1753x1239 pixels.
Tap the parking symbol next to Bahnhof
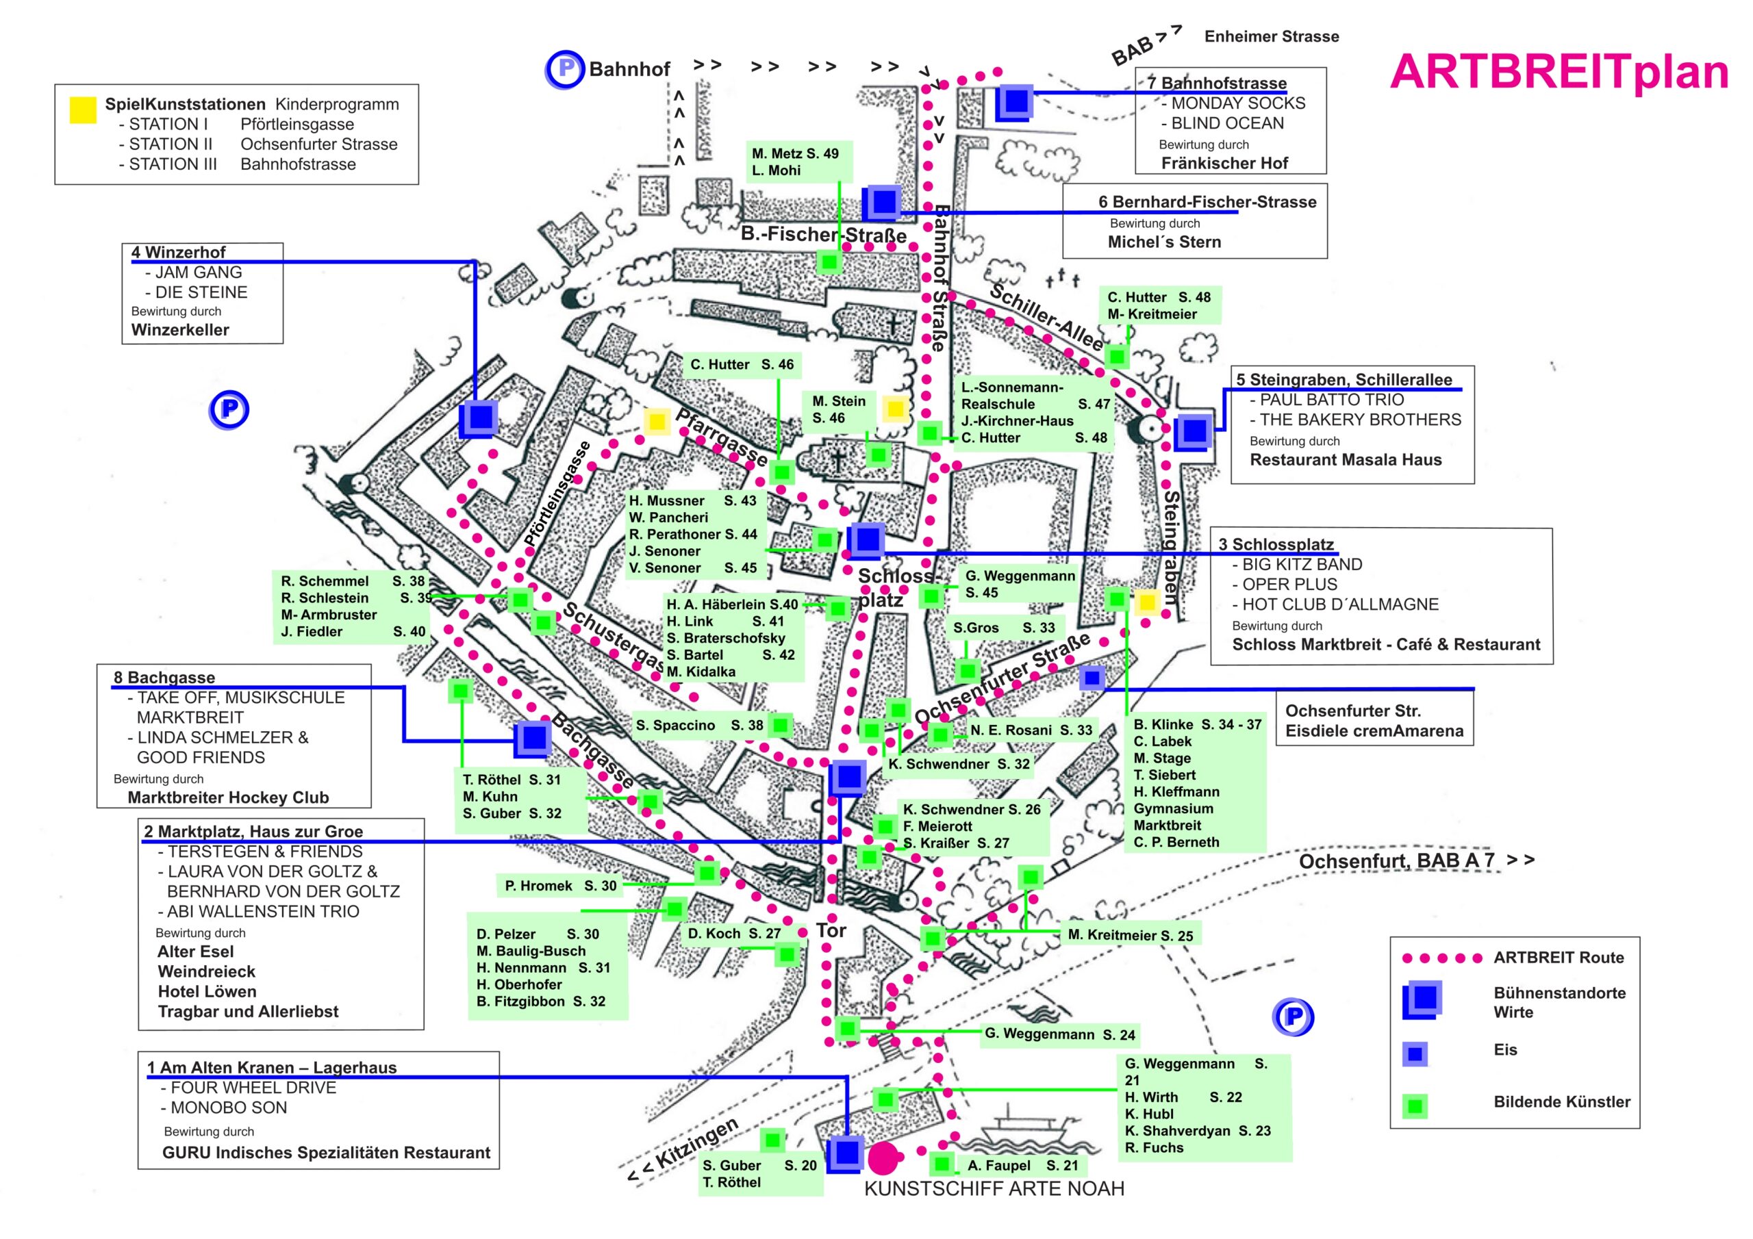[x=565, y=69]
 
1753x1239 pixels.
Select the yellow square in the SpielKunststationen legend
[x=82, y=110]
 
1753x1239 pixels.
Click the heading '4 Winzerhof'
[x=179, y=253]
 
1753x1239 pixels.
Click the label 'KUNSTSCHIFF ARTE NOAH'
[x=994, y=1188]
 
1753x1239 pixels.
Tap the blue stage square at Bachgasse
[x=533, y=737]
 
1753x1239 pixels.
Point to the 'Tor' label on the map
[x=831, y=930]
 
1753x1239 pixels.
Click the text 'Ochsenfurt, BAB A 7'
[x=1396, y=861]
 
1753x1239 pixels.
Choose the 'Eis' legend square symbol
[x=1415, y=1054]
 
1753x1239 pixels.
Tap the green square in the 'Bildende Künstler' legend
[x=1415, y=1106]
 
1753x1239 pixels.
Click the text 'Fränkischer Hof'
[x=1224, y=164]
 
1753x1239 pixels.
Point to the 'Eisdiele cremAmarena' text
[x=1374, y=731]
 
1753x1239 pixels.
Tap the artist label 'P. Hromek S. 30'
[x=560, y=886]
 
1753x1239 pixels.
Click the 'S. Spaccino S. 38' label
[x=699, y=725]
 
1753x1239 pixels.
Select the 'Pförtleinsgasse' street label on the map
[x=557, y=494]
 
